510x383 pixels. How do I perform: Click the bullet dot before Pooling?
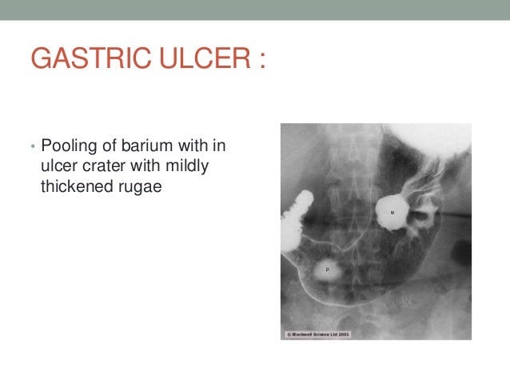point(32,148)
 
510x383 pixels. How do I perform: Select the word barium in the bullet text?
point(147,147)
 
